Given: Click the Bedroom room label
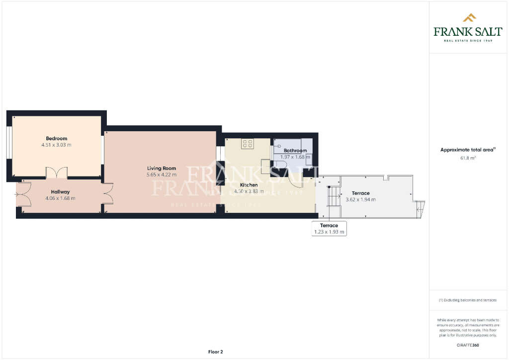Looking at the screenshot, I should pos(56,138).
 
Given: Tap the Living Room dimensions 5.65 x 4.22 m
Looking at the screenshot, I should pos(162,175).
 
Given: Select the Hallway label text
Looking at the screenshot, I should pos(60,191).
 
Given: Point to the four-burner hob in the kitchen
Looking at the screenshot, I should pos(247,144).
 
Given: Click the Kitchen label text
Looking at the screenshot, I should pos(249,185).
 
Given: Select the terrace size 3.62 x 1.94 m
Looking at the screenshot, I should pos(360,199).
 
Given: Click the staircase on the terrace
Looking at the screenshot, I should pos(333,196).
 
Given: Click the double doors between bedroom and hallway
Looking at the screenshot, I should pos(56,173).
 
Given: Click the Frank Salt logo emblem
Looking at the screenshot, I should pos(469,18).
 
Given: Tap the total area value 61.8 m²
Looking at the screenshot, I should pos(468,158).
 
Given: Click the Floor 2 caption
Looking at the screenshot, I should pos(215,352).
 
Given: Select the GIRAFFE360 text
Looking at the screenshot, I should pos(468,345).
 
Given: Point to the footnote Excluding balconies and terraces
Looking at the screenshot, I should pos(467,300).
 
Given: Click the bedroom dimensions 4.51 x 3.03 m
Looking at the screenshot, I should pos(56,145).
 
